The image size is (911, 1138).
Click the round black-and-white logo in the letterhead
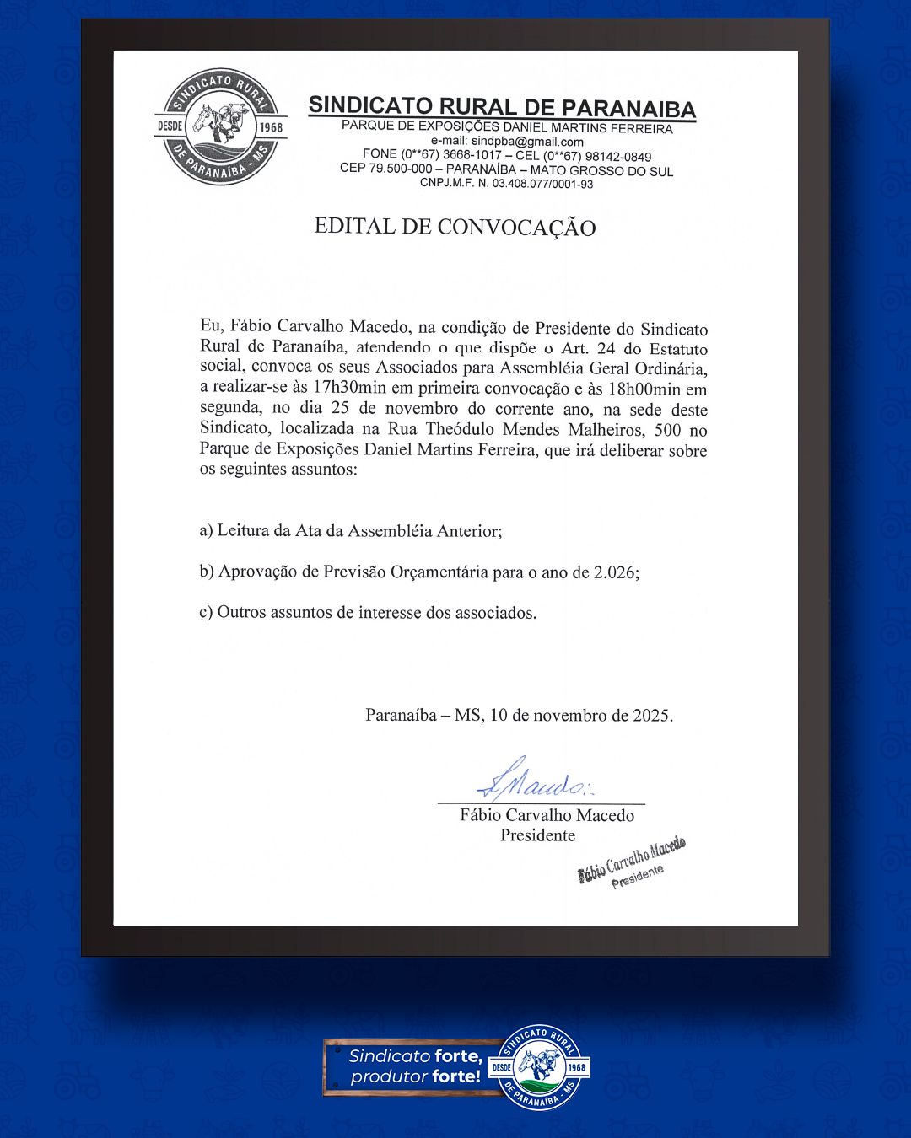221,126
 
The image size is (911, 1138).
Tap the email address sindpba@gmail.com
527,142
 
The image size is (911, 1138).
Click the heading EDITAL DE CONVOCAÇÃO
455,227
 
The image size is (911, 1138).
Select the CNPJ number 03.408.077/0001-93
542,184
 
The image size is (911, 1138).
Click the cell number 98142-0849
618,157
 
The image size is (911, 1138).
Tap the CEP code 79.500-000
401,169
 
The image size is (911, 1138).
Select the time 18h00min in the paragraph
644,389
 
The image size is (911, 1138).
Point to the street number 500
667,430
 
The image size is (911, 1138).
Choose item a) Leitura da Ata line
351,531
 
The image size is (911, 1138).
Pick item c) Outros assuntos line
368,613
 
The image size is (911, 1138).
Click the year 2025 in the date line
651,716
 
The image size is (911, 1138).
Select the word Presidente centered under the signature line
538,835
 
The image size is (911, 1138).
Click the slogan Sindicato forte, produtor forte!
415,1066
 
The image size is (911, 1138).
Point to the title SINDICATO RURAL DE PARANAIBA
502,107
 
